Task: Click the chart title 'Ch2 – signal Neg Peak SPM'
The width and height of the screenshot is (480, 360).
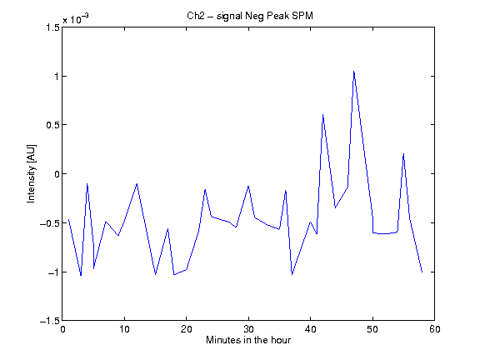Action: (x=250, y=16)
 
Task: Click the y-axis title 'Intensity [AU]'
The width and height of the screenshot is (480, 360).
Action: (x=31, y=173)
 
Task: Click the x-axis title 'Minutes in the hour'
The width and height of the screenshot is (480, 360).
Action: (x=248, y=340)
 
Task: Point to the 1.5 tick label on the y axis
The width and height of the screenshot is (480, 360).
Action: (x=52, y=27)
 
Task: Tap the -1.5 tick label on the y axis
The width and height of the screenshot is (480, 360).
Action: (x=50, y=321)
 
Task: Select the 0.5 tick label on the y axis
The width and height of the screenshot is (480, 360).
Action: (x=52, y=125)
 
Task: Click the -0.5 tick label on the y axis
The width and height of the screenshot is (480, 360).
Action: (x=50, y=222)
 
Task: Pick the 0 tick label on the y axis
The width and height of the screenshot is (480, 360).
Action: (x=57, y=174)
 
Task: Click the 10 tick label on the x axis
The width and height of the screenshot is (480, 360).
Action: (x=125, y=329)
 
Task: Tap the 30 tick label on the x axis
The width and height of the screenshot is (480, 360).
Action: (x=248, y=329)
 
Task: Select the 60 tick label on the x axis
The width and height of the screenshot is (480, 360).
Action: (x=435, y=329)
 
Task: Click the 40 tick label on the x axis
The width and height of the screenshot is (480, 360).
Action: (x=311, y=329)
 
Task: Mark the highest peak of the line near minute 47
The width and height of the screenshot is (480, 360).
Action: (x=354, y=72)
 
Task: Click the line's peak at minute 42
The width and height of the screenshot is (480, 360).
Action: (x=322, y=115)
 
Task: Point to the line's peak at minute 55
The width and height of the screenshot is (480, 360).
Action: (x=404, y=154)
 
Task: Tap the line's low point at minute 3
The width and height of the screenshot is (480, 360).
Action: (x=81, y=276)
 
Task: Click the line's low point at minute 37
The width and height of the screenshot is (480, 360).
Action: (x=292, y=274)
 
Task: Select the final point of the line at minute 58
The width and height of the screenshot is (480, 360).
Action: (x=422, y=272)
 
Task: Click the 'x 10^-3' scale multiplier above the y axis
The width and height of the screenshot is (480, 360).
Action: (x=76, y=19)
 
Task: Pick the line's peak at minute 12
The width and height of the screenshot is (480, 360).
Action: (x=137, y=183)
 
